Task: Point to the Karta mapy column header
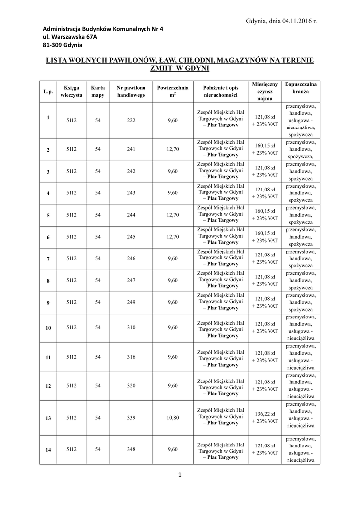coord(98,91)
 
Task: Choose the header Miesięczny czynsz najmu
coord(265,92)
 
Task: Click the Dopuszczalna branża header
coord(300,88)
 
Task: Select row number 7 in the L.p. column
coord(48,259)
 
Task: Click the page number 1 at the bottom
coord(180,476)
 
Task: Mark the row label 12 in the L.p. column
coord(48,386)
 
